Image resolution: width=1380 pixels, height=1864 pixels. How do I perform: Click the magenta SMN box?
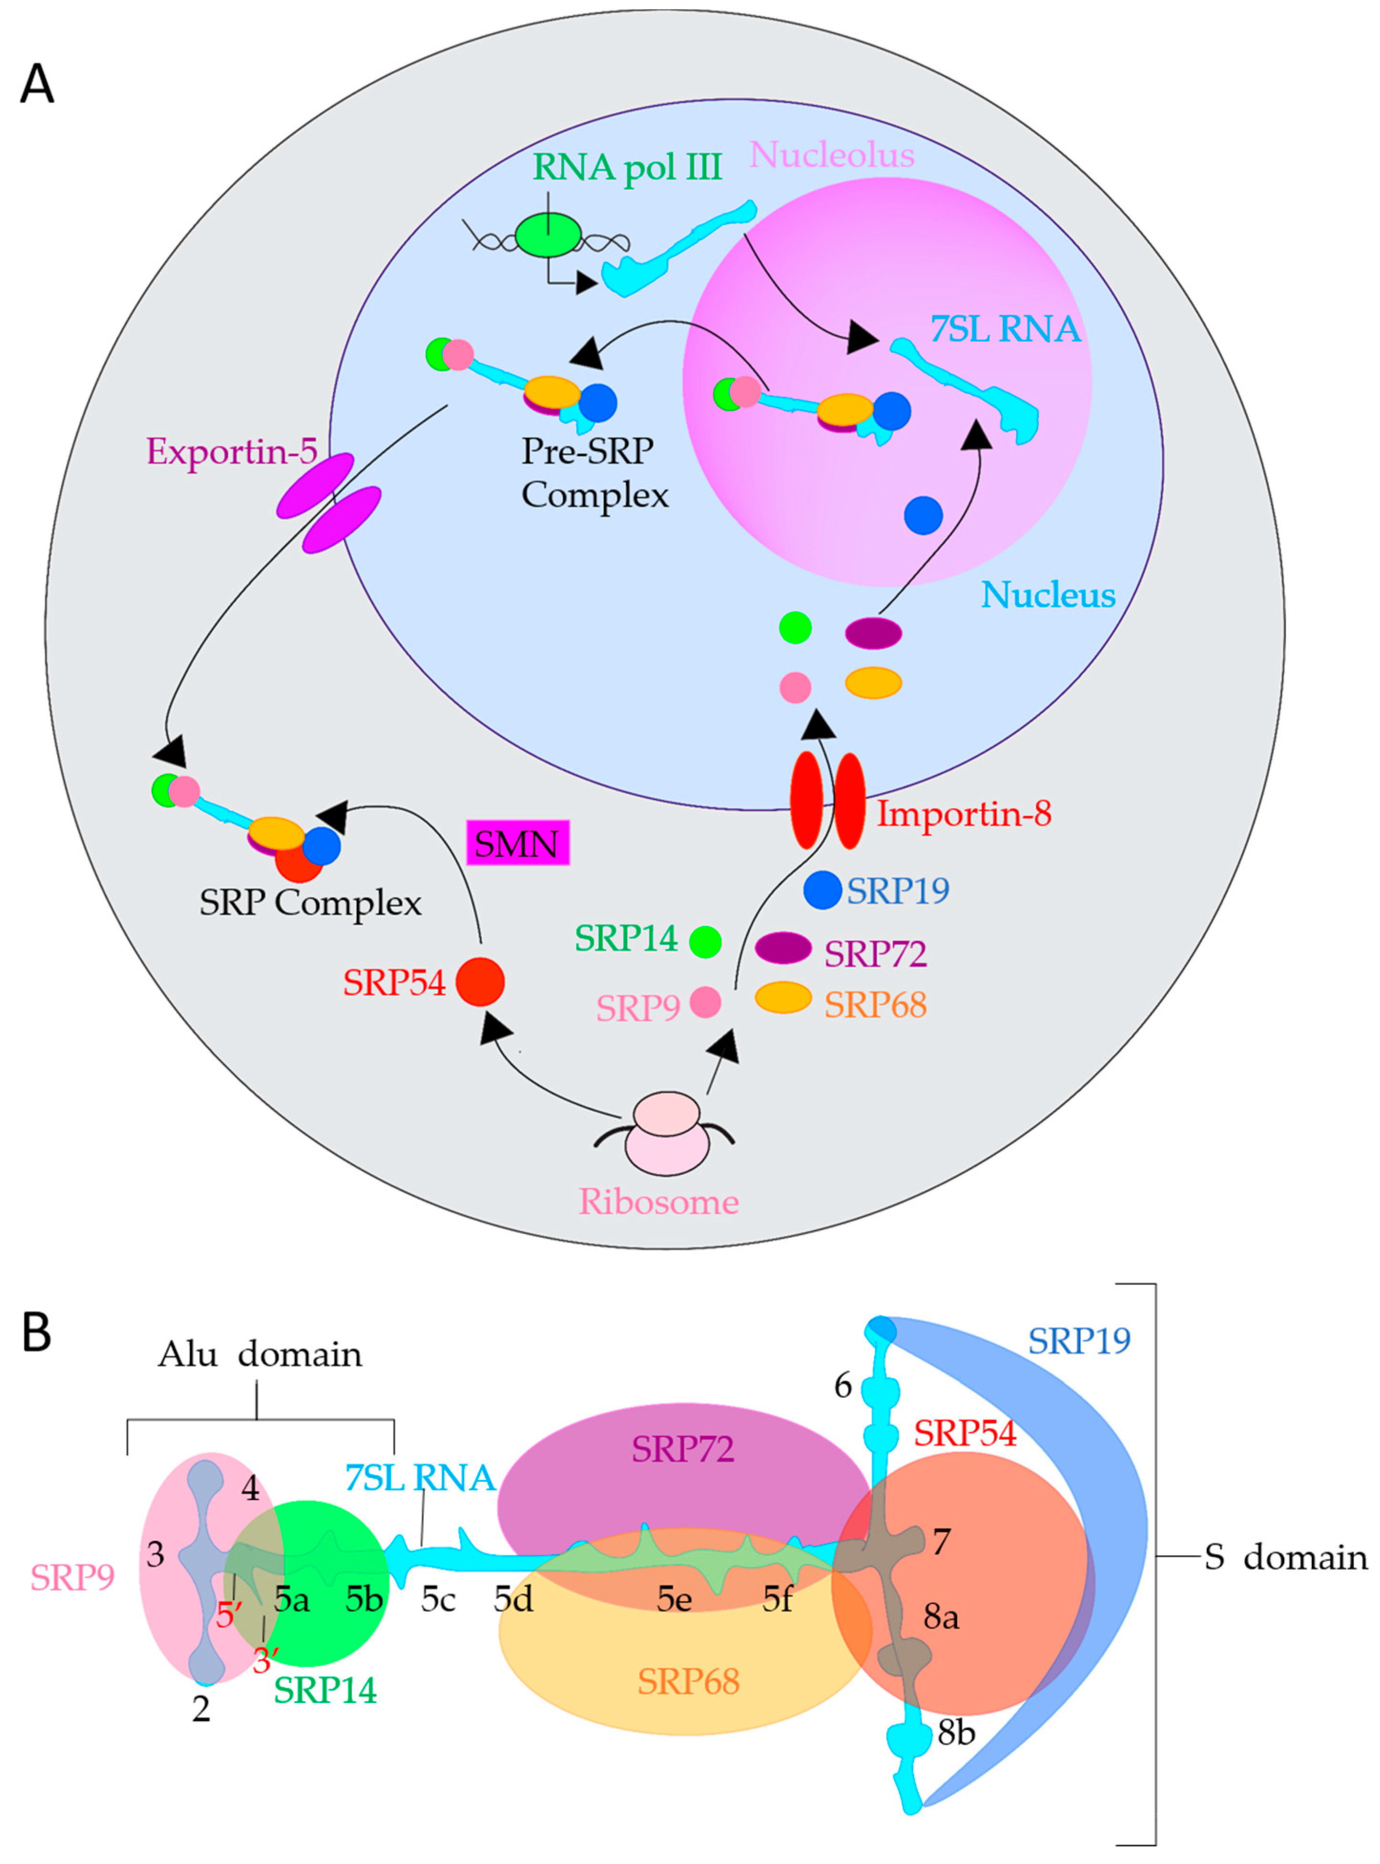click(517, 843)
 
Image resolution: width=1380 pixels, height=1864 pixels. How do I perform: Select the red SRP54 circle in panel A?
click(480, 981)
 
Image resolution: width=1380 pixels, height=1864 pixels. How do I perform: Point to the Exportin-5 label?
click(232, 451)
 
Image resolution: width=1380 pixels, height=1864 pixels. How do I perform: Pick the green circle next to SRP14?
click(706, 941)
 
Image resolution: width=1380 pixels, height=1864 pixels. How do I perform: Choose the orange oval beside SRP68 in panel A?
click(783, 997)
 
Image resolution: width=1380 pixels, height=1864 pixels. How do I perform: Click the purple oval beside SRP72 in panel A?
click(783, 948)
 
